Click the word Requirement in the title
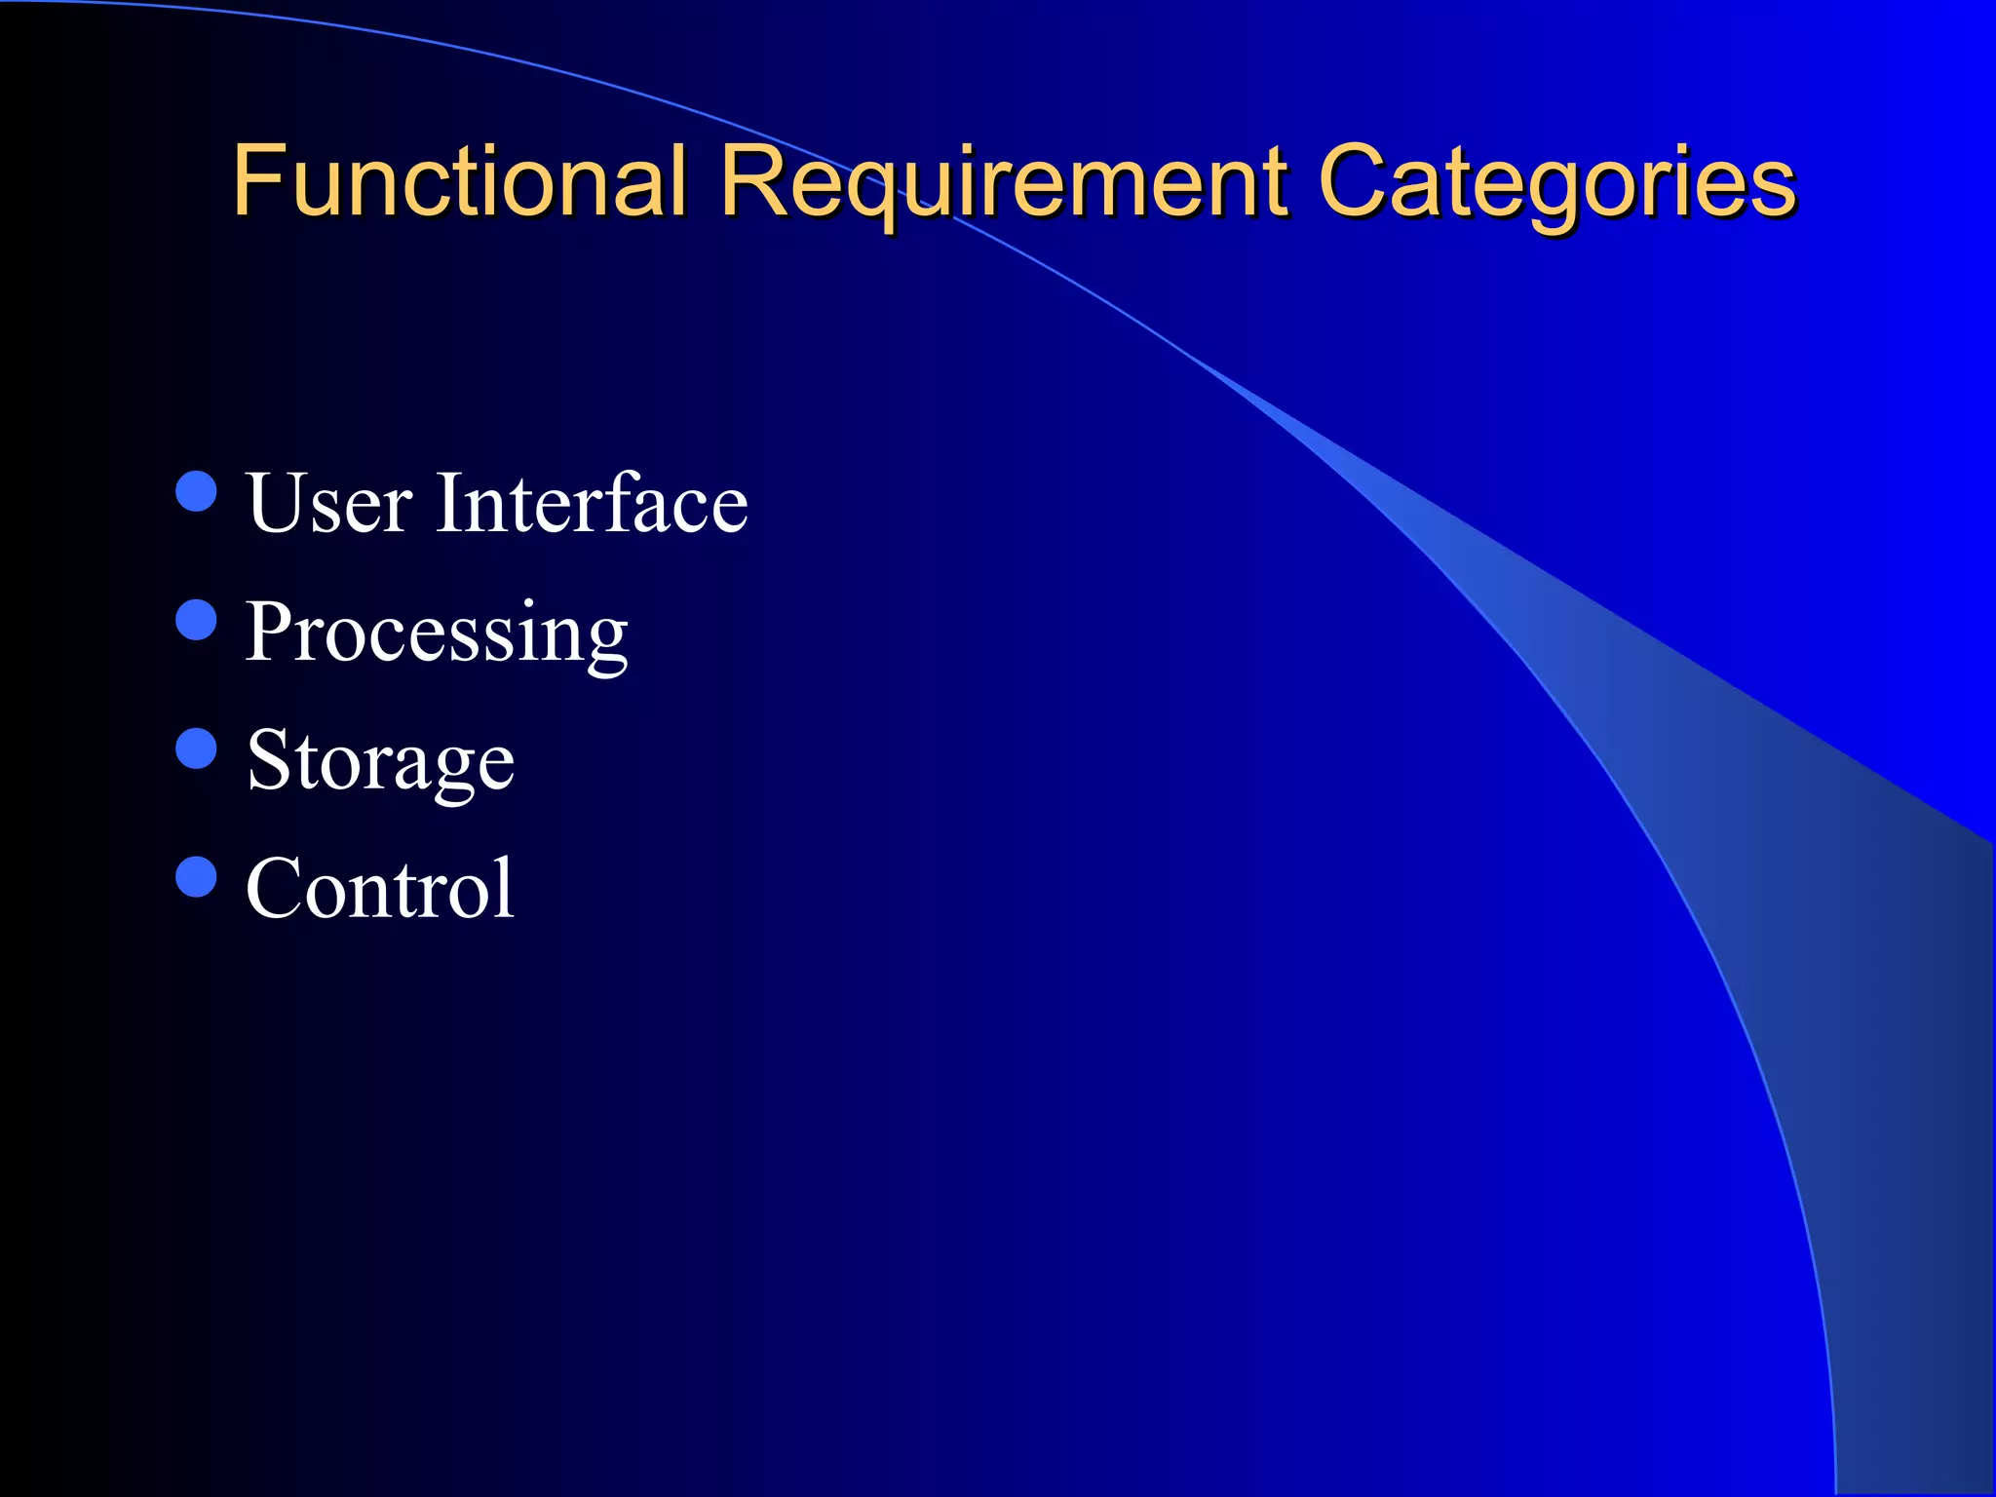1004,183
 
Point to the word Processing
436,633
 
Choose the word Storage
380,761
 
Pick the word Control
380,888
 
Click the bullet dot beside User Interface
196,491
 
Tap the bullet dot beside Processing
196,620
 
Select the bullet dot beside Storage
196,748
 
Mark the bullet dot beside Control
196,876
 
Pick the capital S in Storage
268,759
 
